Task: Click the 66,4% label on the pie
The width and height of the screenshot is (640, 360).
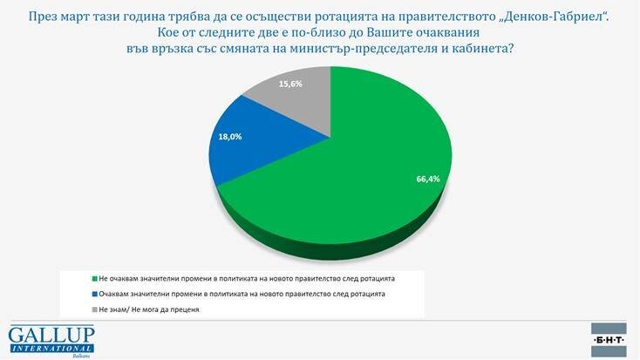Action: (428, 179)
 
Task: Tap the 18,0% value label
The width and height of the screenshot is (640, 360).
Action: (230, 137)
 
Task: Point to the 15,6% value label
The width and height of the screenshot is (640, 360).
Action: (290, 84)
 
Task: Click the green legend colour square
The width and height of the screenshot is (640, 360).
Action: (95, 279)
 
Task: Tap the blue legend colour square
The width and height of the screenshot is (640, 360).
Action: (95, 294)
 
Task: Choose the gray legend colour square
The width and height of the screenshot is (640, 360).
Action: (95, 309)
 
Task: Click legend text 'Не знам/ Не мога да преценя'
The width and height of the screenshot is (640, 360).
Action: (149, 309)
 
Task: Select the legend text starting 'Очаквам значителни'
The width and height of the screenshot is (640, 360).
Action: (242, 294)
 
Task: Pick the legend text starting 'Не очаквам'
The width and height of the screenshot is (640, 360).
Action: (247, 279)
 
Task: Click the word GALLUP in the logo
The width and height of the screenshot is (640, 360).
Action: (51, 335)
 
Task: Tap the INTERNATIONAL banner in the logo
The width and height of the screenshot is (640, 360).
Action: (51, 349)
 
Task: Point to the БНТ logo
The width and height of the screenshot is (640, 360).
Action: (609, 340)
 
